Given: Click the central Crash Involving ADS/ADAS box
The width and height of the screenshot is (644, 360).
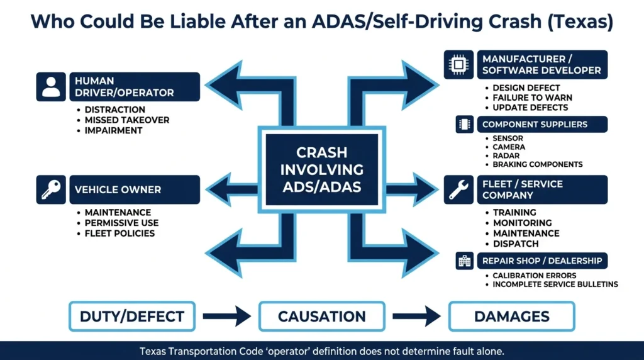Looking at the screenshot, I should [321, 169].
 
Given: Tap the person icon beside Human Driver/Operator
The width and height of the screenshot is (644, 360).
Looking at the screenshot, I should [51, 87].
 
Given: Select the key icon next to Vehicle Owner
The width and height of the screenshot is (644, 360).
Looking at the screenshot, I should [51, 189].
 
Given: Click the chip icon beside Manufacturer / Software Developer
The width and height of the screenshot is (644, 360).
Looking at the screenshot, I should [458, 64].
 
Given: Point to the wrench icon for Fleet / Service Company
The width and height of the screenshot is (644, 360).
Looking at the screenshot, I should [458, 189].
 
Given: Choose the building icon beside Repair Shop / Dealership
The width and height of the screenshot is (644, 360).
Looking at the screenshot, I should [465, 261].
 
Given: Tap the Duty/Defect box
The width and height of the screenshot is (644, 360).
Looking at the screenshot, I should [132, 317].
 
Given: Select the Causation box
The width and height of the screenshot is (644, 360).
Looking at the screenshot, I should [321, 317].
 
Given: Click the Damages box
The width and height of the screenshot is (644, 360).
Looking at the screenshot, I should [511, 317].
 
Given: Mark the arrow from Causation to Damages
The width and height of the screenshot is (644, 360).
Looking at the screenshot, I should [416, 317].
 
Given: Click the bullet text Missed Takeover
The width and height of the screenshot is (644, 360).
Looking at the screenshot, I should [126, 120].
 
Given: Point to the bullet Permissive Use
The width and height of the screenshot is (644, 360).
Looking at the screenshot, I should [121, 223].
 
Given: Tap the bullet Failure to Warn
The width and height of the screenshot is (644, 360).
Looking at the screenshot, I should [532, 98].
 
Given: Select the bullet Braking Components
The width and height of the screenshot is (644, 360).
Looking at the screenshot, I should [538, 164].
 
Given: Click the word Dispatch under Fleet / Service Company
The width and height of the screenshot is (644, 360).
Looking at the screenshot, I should [516, 244].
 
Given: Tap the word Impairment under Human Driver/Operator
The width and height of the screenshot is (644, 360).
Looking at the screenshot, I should [113, 131].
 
